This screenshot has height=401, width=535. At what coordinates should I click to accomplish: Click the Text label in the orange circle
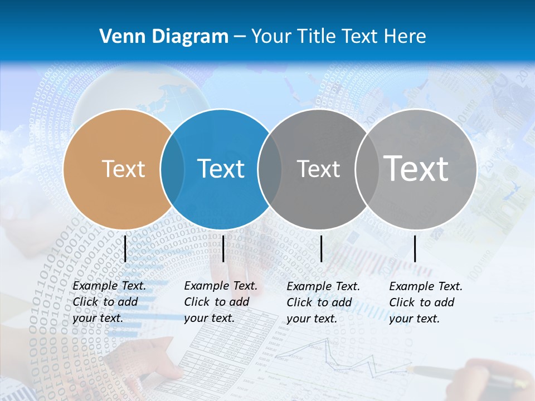(x=123, y=169)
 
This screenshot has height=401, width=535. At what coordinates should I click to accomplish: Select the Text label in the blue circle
(x=221, y=169)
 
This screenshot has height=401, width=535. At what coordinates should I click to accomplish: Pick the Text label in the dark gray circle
(x=318, y=169)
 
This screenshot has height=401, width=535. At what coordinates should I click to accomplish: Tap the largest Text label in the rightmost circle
(x=416, y=168)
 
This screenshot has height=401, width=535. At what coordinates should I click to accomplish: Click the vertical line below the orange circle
(x=125, y=248)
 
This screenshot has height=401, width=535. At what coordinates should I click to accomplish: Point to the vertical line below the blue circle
(x=223, y=248)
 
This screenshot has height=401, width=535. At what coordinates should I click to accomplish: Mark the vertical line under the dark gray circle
(x=321, y=248)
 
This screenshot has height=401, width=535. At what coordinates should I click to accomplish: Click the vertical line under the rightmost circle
(x=415, y=248)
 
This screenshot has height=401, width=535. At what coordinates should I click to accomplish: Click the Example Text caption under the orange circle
(x=109, y=302)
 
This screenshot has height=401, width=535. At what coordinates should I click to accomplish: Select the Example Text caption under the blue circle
(x=220, y=302)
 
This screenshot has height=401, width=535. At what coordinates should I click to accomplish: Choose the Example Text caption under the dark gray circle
(x=323, y=302)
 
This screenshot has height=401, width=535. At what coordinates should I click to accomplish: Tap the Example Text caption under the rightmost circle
(x=425, y=302)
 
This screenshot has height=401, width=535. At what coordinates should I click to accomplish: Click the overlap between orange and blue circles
(x=172, y=169)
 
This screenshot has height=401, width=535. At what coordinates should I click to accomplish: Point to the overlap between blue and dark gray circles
(x=270, y=169)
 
